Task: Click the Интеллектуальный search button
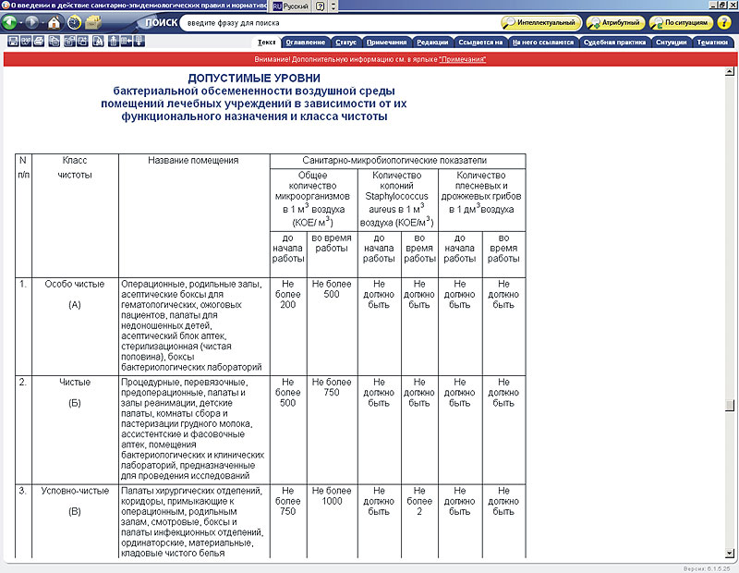point(542,22)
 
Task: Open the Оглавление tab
point(304,43)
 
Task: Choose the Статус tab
point(345,43)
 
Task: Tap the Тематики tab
point(711,43)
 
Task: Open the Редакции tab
point(432,43)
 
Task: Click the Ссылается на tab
point(480,43)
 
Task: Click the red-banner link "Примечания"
point(462,59)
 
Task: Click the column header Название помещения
point(193,161)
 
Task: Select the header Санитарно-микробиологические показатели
point(397,161)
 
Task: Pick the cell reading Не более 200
point(287,294)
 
